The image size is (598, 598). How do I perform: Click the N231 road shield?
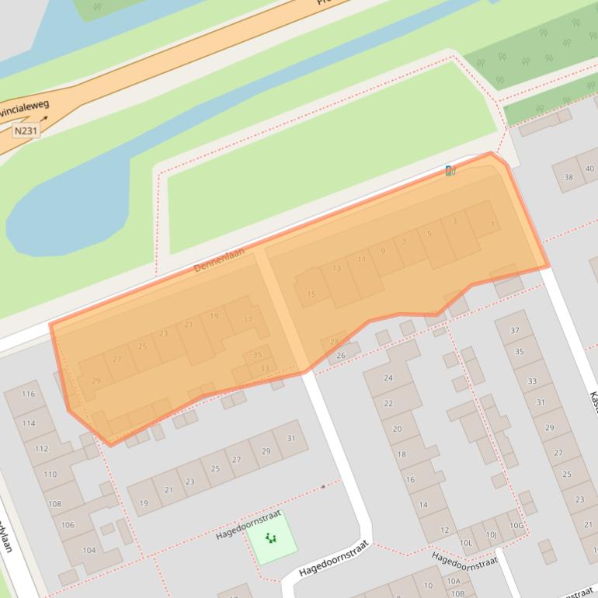(26, 131)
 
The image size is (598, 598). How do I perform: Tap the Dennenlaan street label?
(219, 259)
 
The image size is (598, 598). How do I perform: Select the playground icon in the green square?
(271, 537)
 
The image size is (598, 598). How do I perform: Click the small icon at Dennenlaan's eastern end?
(450, 170)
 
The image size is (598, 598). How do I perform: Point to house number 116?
(29, 394)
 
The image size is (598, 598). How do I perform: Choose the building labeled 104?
(89, 550)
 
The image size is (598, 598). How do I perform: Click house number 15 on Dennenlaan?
(311, 294)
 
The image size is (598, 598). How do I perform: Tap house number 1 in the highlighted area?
(493, 225)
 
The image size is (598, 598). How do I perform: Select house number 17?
(249, 319)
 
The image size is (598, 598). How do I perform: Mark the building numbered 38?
(568, 177)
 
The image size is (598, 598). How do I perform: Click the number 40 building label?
(589, 169)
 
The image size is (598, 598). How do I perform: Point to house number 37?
(514, 330)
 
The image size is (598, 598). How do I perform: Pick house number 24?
(388, 378)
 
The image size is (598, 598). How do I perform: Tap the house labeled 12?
(444, 530)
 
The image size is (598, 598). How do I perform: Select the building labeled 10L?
(466, 542)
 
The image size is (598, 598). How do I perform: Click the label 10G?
(516, 526)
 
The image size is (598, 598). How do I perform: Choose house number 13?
(336, 269)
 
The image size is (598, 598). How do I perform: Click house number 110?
(50, 474)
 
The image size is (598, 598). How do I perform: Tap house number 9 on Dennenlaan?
(382, 251)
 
